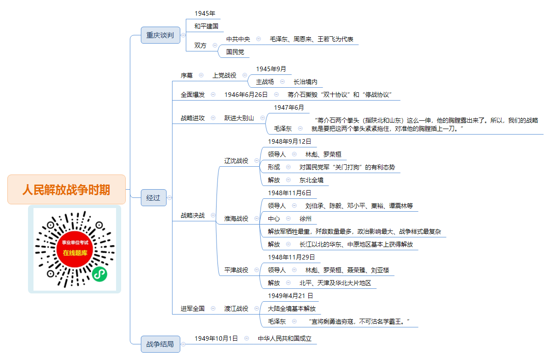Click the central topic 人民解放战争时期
pos(67,189)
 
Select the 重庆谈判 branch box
pos(161,35)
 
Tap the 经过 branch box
pos(154,197)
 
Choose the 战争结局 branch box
pos(161,344)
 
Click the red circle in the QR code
pos(75,249)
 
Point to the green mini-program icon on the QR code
pos(100,274)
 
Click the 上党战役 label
pos(224,75)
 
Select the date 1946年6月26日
pos(246,95)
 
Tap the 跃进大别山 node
pos(239,118)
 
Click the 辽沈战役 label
pos(236,161)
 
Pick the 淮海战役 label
pos(236,219)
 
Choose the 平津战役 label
pos(236,270)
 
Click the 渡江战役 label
pos(236,309)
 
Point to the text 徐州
pos(305,219)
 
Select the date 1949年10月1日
pos(216,338)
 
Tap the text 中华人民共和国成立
pos(284,338)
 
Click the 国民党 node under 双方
pos(235,52)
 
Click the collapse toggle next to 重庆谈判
pos(183,35)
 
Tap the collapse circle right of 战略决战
pos(213,215)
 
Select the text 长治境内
pos(305,82)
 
